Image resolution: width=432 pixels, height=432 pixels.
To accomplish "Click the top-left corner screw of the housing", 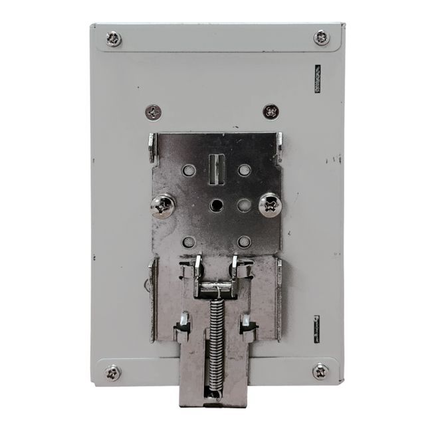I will click(114, 39).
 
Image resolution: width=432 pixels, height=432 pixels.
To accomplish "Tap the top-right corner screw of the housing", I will click(322, 37).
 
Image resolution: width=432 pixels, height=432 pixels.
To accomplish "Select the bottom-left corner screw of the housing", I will click(112, 372).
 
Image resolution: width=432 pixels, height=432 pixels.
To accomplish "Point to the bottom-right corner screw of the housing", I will click(320, 371).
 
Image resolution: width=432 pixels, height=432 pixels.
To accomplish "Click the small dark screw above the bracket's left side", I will click(154, 112).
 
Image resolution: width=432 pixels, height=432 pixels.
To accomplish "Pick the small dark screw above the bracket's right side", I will click(270, 111).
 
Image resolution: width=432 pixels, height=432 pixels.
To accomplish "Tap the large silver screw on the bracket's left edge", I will click(162, 205).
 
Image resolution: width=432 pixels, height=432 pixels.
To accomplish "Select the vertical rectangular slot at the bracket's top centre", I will click(214, 169).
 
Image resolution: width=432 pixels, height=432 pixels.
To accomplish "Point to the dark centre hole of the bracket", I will click(216, 205).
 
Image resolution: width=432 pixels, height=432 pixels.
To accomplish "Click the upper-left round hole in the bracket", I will click(189, 170).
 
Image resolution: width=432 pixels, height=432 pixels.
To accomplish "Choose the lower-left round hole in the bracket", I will click(189, 242).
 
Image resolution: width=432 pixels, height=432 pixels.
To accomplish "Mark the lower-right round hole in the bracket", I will click(244, 241).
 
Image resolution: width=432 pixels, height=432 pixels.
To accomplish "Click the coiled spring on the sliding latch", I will click(215, 339).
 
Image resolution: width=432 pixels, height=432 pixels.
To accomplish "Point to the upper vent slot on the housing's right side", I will click(317, 78).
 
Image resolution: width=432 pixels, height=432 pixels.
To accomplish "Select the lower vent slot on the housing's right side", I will click(316, 329).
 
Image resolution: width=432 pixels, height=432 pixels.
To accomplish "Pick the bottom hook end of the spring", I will click(214, 397).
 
